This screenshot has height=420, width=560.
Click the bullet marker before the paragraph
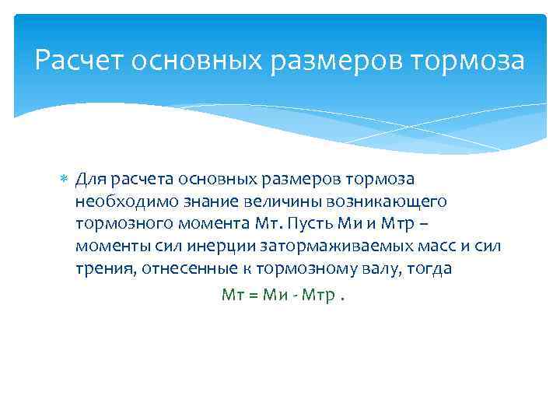click(65, 180)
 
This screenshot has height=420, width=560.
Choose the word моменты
click(107, 247)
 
